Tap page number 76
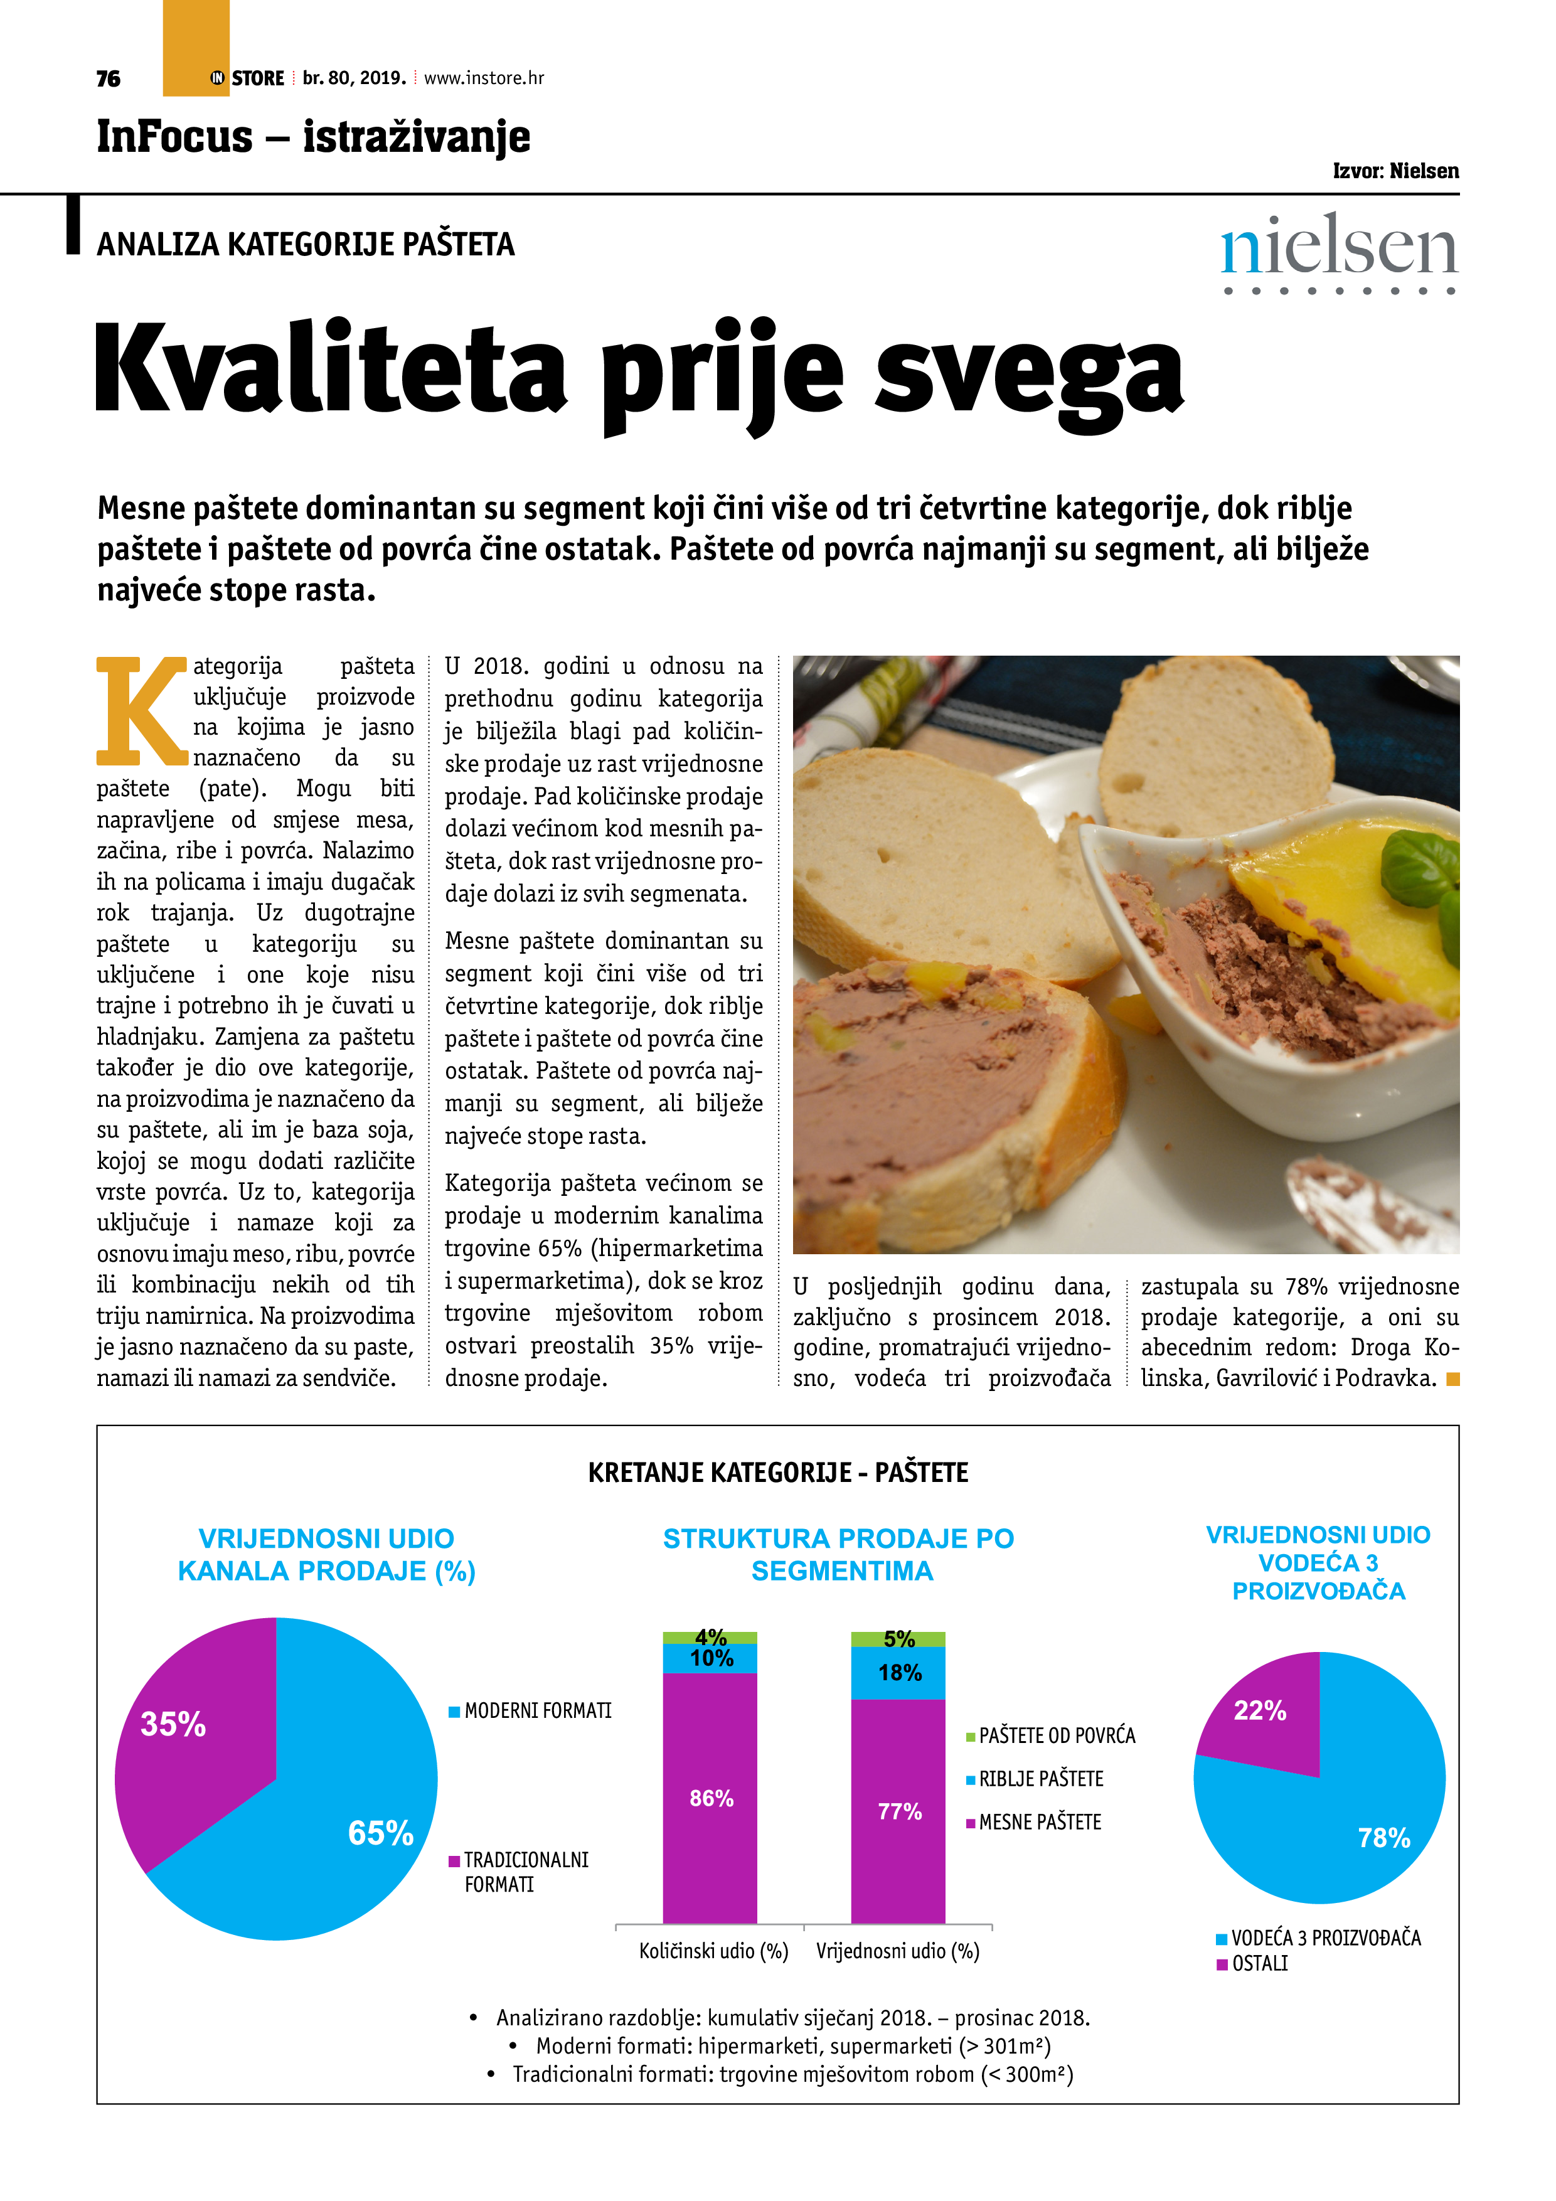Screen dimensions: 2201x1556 click(x=109, y=78)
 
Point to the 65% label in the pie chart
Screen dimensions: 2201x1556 click(x=381, y=1833)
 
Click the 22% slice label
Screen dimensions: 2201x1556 click(x=1260, y=1710)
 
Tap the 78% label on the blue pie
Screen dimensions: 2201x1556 click(x=1383, y=1838)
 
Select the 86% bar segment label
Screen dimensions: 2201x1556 click(x=710, y=1798)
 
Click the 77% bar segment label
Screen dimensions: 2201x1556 click(x=899, y=1811)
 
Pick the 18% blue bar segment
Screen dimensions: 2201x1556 click(x=899, y=1673)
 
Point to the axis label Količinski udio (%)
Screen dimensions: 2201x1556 click(x=713, y=1951)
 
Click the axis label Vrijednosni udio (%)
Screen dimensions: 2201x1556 click(x=897, y=1951)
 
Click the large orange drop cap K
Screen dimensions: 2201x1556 click(x=141, y=710)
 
